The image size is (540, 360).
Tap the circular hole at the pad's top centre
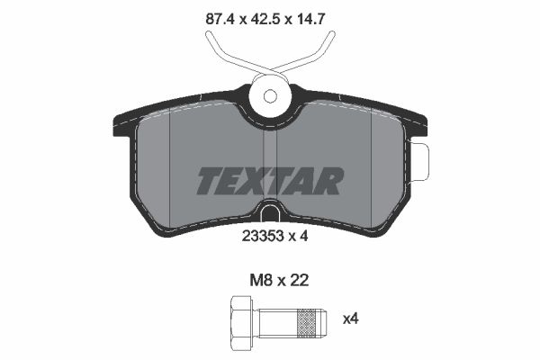270,94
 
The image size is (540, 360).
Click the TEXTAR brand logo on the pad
270,181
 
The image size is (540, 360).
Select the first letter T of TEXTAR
210,181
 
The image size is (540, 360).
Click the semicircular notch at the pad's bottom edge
270,214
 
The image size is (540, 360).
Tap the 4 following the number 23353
304,237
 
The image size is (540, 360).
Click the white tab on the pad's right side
419,162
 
